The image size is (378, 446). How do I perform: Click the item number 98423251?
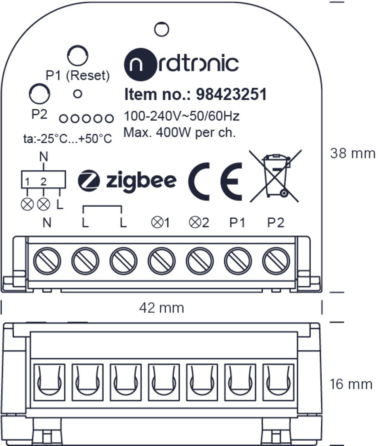[x=231, y=94]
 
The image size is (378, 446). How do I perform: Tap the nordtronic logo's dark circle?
[x=140, y=64]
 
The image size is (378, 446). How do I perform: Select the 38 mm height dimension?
[x=353, y=153]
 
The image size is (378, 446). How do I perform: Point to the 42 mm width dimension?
[x=162, y=308]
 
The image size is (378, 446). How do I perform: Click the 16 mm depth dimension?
[x=351, y=384]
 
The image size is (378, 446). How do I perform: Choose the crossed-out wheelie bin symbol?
[x=275, y=176]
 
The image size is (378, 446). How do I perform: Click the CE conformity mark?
[x=215, y=182]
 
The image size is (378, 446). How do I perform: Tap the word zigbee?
[x=141, y=181]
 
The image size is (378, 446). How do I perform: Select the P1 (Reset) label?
[x=78, y=75]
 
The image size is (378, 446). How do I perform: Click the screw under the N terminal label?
[x=47, y=261]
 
